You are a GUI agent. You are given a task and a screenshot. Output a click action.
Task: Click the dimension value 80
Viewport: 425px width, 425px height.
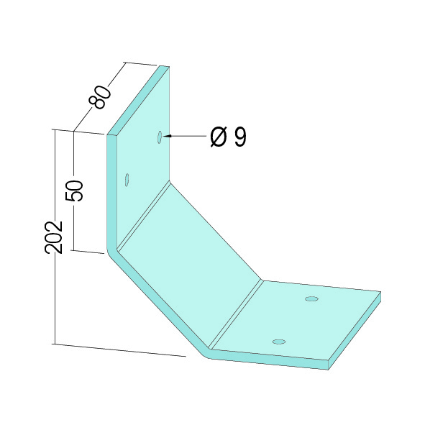[100, 97]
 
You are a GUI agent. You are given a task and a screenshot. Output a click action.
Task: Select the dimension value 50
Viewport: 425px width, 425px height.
[74, 191]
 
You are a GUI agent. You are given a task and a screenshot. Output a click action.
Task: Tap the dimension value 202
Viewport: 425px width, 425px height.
[54, 237]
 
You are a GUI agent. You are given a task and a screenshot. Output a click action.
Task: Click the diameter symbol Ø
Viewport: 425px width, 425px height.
[219, 137]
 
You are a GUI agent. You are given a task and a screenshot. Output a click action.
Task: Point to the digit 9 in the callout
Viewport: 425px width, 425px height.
[240, 137]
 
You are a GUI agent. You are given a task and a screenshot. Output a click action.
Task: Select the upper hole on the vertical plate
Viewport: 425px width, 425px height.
[160, 137]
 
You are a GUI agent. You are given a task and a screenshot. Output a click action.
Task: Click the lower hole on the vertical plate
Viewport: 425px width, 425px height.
[127, 180]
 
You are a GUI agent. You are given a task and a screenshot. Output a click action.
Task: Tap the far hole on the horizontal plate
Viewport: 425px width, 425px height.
[311, 299]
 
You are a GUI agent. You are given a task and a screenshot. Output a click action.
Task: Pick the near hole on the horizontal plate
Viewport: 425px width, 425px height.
[279, 342]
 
